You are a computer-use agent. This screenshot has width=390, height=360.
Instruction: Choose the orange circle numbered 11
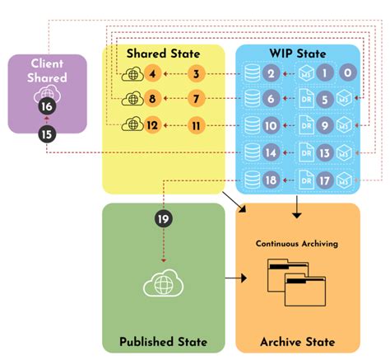click(195, 127)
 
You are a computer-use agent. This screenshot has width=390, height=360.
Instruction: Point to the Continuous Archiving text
click(297, 244)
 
